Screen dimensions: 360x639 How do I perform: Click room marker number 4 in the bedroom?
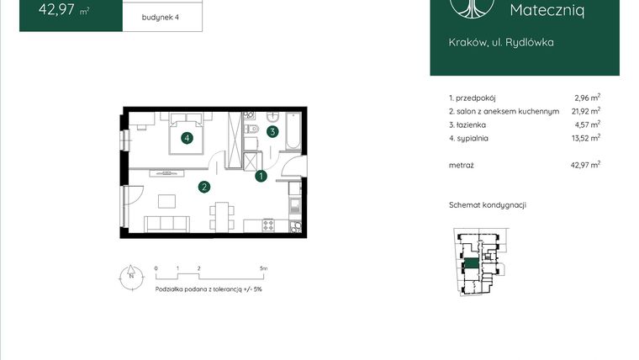pyautogui.click(x=187, y=139)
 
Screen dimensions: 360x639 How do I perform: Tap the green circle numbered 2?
pyautogui.click(x=203, y=187)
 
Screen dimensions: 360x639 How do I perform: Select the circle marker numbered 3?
pyautogui.click(x=272, y=131)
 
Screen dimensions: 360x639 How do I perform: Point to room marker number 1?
pyautogui.click(x=261, y=177)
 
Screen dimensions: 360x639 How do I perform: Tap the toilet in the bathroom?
pyautogui.click(x=252, y=130)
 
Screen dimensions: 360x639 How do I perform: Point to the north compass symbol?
pyautogui.click(x=130, y=275)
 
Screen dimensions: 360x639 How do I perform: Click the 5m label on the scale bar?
pyautogui.click(x=263, y=268)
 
